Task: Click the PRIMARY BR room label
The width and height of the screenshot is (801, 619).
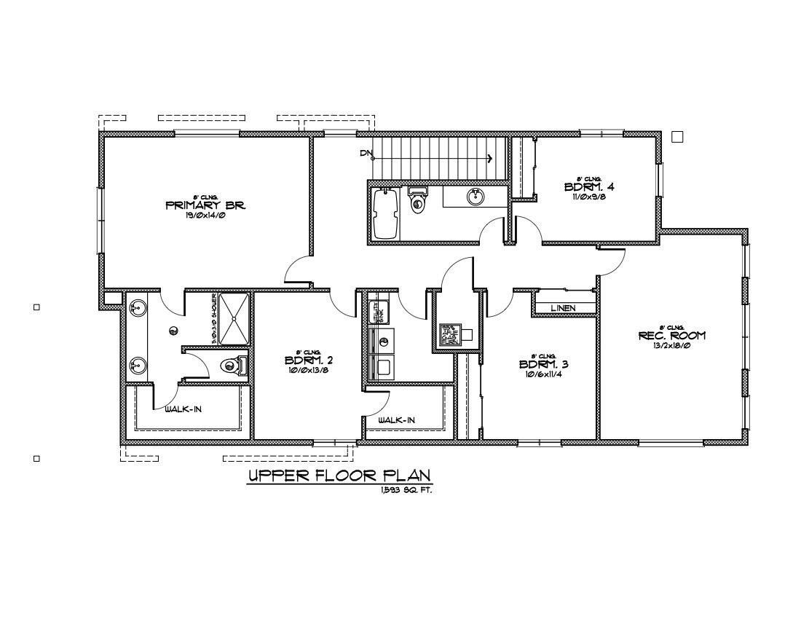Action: coord(205,205)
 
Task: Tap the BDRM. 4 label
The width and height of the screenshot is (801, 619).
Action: coord(589,186)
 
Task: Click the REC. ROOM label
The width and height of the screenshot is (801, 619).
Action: coord(671,336)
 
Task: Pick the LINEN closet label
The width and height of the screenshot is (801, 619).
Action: coord(563,308)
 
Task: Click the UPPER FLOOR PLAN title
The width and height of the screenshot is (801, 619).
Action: coord(340,476)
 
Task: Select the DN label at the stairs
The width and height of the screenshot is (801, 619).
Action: coord(366,153)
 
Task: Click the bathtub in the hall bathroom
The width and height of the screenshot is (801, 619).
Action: coord(385,213)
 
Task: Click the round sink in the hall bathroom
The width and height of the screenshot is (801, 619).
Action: coord(475,196)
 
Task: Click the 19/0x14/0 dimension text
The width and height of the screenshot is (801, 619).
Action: coord(205,216)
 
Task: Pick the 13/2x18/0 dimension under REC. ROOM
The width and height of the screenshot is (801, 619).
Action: coord(671,346)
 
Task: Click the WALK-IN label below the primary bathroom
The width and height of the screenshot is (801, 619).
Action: coord(183,409)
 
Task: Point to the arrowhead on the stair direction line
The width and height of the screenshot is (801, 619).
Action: coord(490,158)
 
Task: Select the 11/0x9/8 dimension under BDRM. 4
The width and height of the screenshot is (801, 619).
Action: coord(589,196)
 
